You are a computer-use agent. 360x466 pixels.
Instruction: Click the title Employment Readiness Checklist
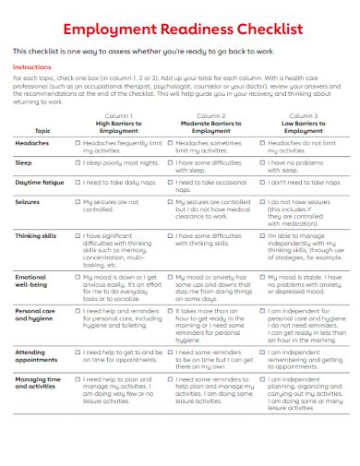pyautogui.click(x=179, y=30)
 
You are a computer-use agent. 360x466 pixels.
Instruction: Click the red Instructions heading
pyautogui.click(x=31, y=67)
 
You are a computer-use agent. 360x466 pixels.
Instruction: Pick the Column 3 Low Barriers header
pyautogui.click(x=292, y=123)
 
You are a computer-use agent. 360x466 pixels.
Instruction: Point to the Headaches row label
pyautogui.click(x=33, y=144)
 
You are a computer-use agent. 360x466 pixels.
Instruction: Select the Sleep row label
pyautogui.click(x=24, y=162)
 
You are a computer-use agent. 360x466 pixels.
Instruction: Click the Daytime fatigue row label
pyautogui.click(x=40, y=182)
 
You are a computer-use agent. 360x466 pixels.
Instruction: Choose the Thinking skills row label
pyautogui.click(x=36, y=235)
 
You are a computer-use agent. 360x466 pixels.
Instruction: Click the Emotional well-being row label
pyautogui.click(x=32, y=280)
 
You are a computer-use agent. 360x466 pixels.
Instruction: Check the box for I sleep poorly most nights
pyautogui.click(x=78, y=162)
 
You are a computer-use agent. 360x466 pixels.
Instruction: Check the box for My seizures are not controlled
pyautogui.click(x=78, y=200)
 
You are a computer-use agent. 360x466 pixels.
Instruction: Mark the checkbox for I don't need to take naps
pyautogui.click(x=262, y=182)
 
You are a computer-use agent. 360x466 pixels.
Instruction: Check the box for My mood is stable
pyautogui.click(x=262, y=276)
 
